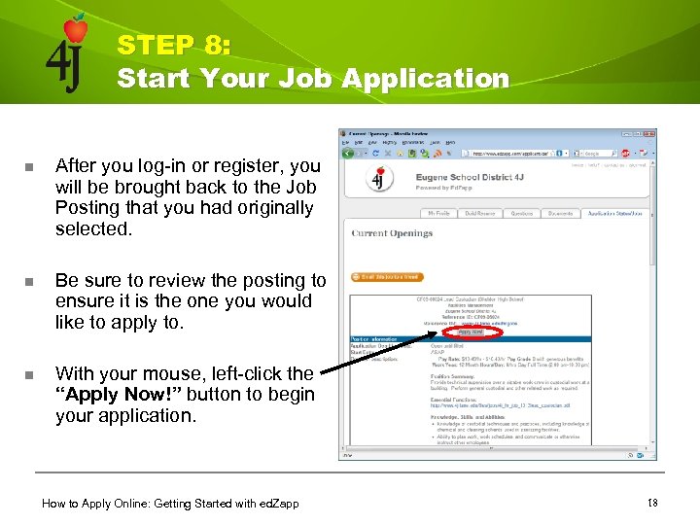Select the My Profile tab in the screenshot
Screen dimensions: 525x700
coord(438,212)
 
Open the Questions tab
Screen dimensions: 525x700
coord(522,212)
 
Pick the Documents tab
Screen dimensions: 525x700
coord(560,212)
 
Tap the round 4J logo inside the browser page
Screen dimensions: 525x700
coord(376,181)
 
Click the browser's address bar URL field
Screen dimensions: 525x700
coord(515,153)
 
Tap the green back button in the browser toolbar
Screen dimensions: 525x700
coord(346,153)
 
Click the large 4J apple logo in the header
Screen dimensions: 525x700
coord(67,54)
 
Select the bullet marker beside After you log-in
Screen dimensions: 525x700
coord(29,166)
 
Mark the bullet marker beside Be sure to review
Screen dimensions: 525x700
coord(29,282)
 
